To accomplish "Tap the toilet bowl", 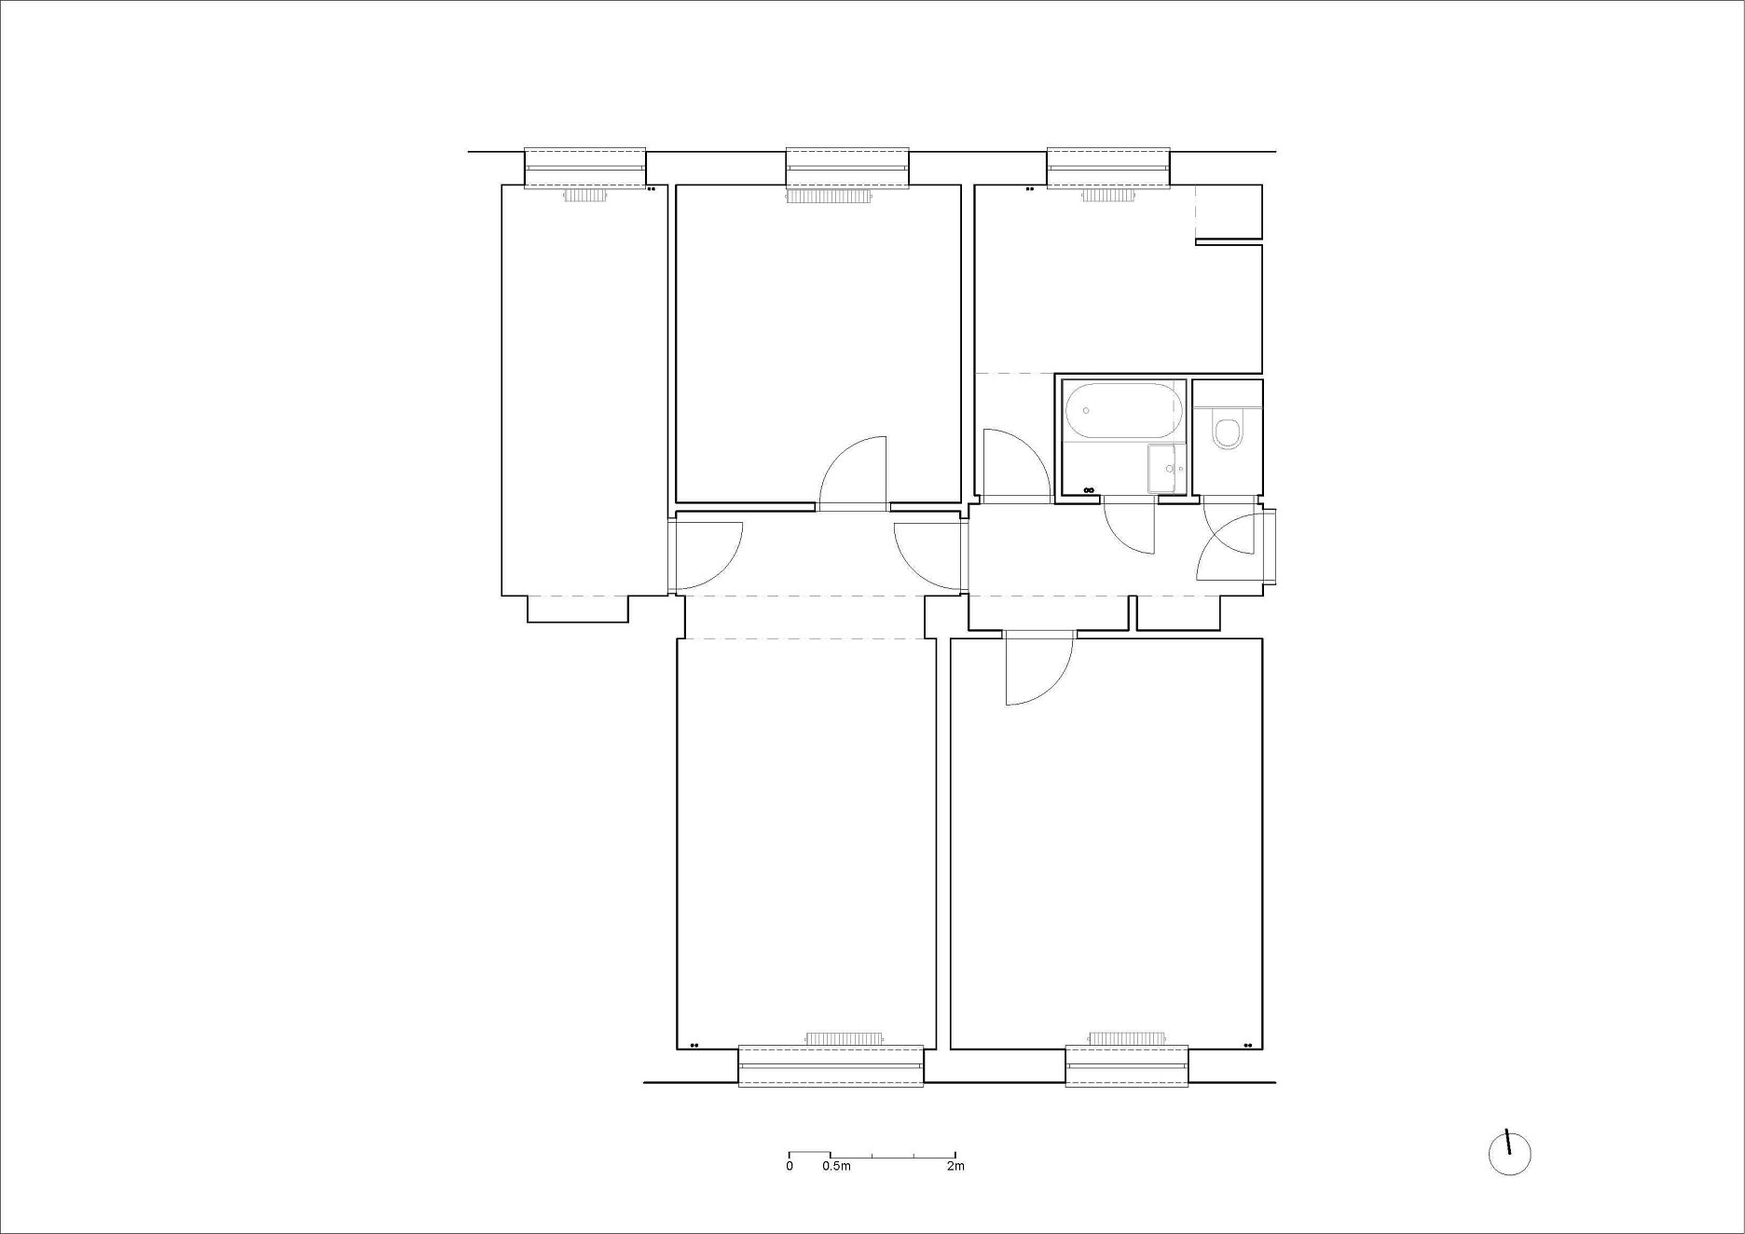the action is point(1228,432).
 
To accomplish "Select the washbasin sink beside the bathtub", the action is point(1166,468).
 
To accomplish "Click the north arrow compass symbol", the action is point(1509,1152).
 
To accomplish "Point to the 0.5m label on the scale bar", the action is point(836,1166).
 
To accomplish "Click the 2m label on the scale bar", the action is point(955,1166).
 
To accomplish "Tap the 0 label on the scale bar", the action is point(790,1166).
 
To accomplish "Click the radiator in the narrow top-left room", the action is point(585,196).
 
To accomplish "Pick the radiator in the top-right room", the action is point(1107,196).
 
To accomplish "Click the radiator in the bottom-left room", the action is point(845,1038).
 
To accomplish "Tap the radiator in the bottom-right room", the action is point(1126,1038).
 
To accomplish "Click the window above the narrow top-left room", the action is point(585,168).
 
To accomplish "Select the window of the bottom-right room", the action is point(1127,1065).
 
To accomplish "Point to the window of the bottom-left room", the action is point(831,1065).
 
